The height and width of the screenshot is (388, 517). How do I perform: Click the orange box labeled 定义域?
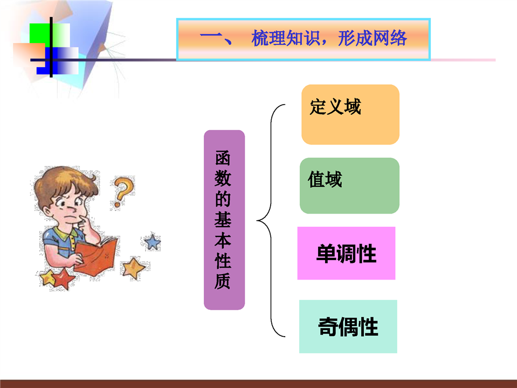pyautogui.click(x=350, y=114)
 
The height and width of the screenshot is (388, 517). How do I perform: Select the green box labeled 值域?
pyautogui.click(x=349, y=186)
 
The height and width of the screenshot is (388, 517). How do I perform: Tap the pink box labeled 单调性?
pyautogui.click(x=346, y=253)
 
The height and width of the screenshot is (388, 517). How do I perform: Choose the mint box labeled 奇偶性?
pyautogui.click(x=348, y=326)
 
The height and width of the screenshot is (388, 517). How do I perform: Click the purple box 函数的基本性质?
pyautogui.click(x=224, y=220)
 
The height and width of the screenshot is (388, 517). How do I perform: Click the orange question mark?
pyautogui.click(x=123, y=192)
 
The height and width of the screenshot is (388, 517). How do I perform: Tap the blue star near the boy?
pyautogui.click(x=153, y=242)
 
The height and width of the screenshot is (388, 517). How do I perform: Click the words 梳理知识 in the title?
pyautogui.click(x=285, y=38)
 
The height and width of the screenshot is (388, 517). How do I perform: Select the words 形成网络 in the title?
pyautogui.click(x=373, y=38)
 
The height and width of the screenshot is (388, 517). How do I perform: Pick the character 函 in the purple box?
pyautogui.click(x=223, y=158)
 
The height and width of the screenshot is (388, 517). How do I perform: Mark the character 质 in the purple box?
pyautogui.click(x=223, y=281)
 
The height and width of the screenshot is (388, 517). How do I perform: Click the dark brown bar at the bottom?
pyautogui.click(x=259, y=384)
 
